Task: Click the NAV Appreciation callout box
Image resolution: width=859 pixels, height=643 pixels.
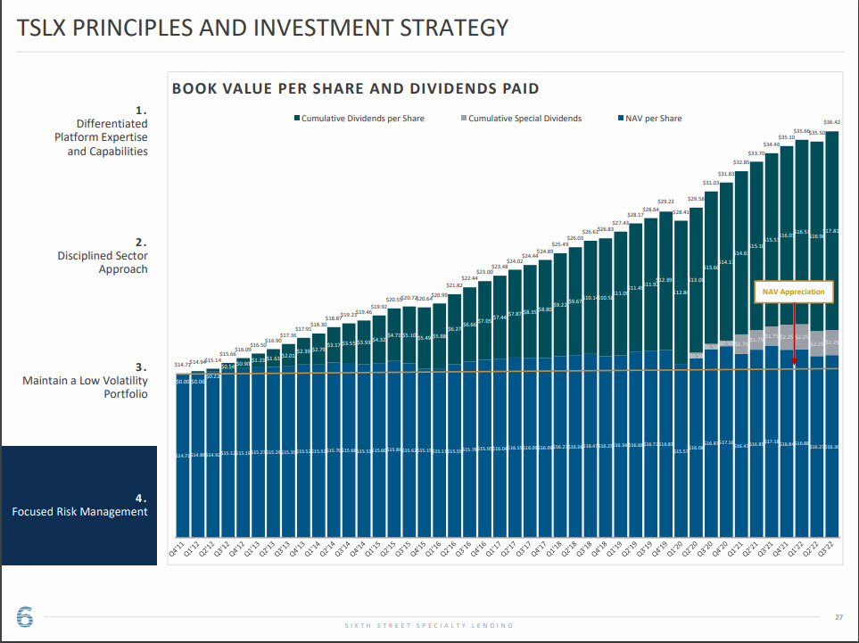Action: (x=793, y=292)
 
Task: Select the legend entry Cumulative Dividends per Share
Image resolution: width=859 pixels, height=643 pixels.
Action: (x=362, y=119)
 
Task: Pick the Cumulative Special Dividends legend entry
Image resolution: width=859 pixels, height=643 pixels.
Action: (x=524, y=119)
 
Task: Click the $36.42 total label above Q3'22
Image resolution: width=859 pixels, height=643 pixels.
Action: (x=831, y=122)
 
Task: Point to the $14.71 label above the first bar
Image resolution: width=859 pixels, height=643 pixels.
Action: (x=183, y=364)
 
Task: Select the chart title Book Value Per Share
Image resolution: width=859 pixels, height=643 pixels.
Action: (x=355, y=88)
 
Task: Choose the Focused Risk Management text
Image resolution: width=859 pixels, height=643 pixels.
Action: (x=79, y=512)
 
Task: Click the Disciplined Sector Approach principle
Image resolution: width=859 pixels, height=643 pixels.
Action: (x=103, y=262)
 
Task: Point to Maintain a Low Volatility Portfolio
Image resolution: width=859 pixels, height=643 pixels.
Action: (x=85, y=387)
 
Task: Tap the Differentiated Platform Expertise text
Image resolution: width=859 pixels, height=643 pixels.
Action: (x=100, y=137)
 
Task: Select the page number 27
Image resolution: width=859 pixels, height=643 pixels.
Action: (x=838, y=617)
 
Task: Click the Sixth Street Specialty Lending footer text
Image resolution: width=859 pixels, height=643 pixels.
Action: (x=429, y=625)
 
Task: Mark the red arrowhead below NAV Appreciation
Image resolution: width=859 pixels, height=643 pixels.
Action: (x=793, y=364)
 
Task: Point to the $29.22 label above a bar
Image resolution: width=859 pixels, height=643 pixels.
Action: (x=665, y=202)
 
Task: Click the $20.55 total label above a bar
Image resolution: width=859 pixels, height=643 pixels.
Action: (x=394, y=299)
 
